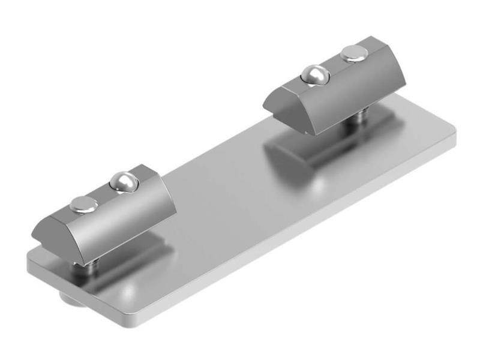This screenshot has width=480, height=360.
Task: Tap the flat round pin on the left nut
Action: [84, 205]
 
